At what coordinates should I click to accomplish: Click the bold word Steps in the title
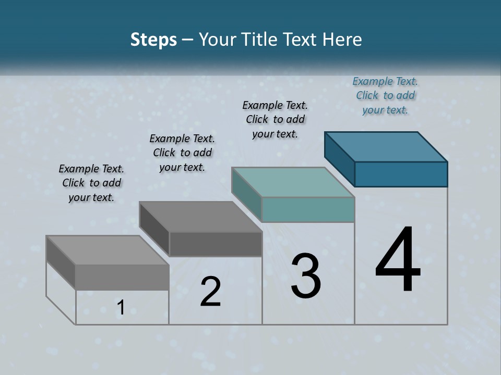coord(153,40)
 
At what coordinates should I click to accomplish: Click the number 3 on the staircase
coord(306,276)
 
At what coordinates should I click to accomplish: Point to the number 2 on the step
coord(211,292)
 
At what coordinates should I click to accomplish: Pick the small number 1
coord(121,308)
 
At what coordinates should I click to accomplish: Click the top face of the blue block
coord(386,146)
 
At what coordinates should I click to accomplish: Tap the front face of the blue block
coord(401,174)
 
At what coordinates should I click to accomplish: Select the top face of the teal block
coord(293,182)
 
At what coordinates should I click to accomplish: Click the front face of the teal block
coord(308,209)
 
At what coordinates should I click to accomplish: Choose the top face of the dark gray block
coord(200,216)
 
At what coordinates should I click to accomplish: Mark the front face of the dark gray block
coord(216,244)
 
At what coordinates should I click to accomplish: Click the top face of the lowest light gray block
coord(108,250)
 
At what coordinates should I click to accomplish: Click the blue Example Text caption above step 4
coord(385,95)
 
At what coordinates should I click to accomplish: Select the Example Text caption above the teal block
coord(275,119)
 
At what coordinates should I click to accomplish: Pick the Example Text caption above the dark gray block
coord(182,153)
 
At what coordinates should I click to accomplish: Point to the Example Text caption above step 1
coord(91,183)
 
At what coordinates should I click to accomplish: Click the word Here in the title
coord(342,40)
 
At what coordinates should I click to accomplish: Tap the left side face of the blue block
coord(340,158)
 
